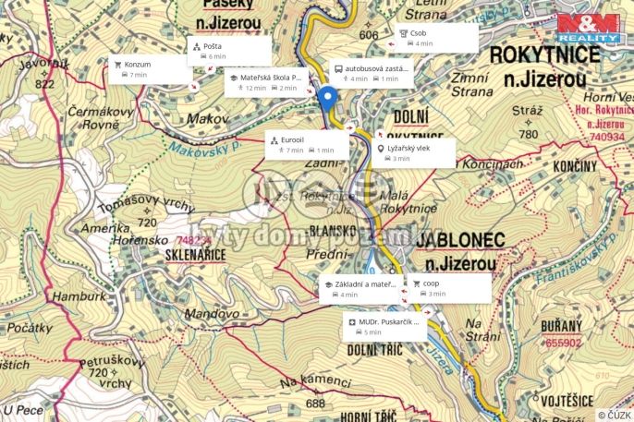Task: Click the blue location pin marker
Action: (x=325, y=97)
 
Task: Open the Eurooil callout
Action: (x=307, y=144)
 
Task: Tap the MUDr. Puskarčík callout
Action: (x=384, y=326)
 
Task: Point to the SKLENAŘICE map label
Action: (x=191, y=254)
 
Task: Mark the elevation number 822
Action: (x=43, y=83)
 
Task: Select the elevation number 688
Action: (x=316, y=403)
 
